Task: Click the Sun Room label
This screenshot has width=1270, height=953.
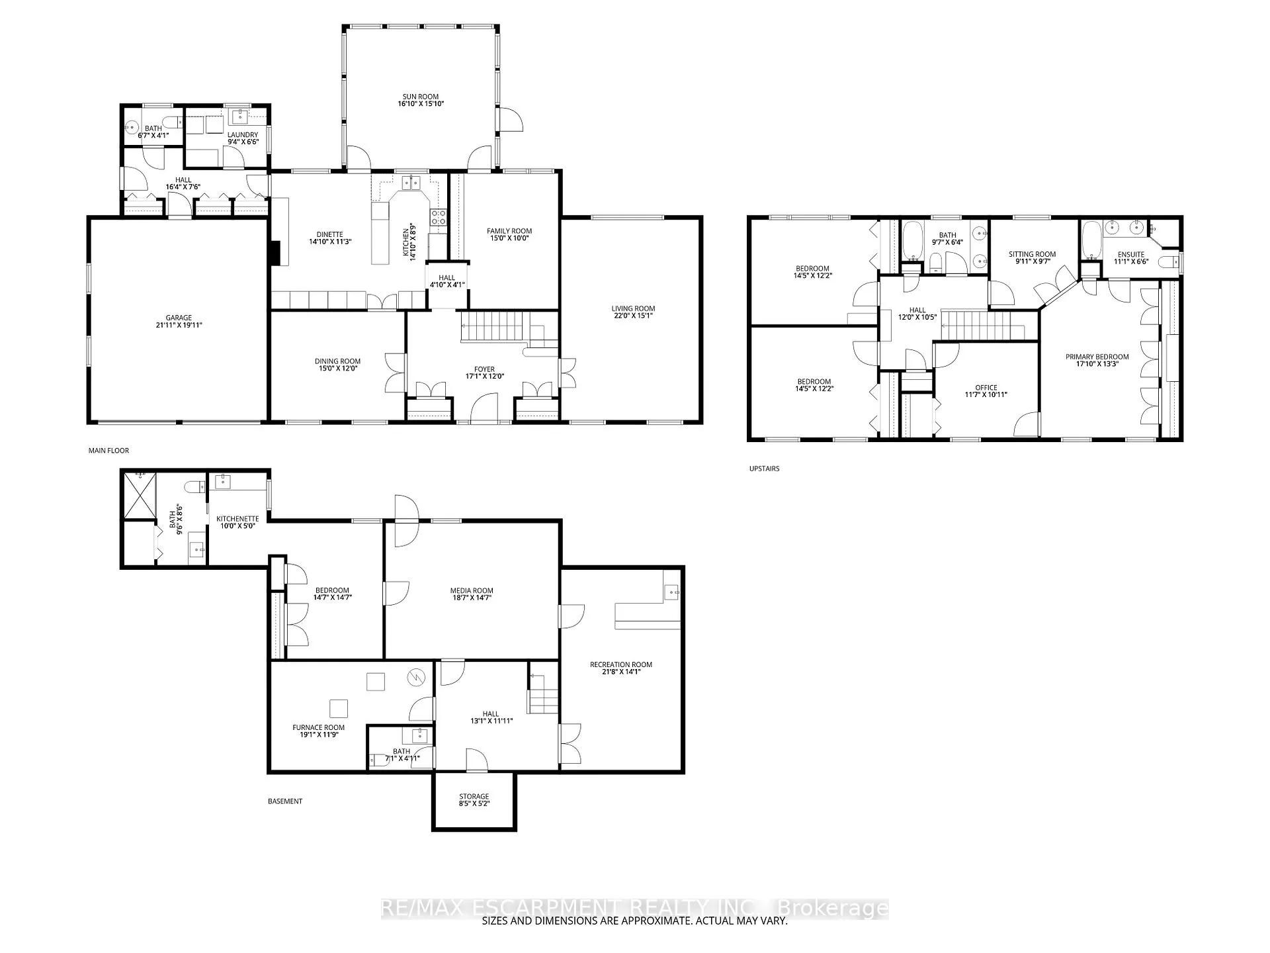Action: tap(420, 97)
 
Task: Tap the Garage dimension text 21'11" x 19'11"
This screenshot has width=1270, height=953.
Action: tap(179, 325)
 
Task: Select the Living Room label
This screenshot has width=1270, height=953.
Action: tap(633, 308)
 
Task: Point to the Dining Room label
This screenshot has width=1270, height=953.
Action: tap(337, 361)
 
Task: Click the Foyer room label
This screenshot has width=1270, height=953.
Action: tap(484, 370)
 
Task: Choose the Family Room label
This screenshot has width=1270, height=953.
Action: tap(509, 231)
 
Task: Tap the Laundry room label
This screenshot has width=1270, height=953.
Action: tap(243, 135)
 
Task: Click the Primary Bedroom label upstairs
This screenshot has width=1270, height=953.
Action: tap(1097, 357)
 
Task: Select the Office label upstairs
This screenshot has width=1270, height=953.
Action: tap(986, 388)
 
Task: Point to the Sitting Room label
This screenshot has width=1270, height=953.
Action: tap(1032, 254)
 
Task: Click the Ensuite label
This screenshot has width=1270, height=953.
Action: tap(1131, 254)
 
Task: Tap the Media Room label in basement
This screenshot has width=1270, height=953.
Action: tap(472, 590)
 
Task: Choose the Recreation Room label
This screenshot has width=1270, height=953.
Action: tap(621, 664)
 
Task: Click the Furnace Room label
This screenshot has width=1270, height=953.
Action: tap(318, 727)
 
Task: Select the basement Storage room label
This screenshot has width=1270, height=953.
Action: tap(474, 796)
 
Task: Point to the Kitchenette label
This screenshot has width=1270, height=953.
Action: tap(237, 519)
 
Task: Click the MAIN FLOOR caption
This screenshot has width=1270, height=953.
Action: tap(108, 451)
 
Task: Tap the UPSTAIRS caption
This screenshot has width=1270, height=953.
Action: tap(764, 469)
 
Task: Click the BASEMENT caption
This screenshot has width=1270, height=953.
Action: tap(285, 801)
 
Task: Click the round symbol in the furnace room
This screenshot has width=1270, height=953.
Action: tap(417, 677)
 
